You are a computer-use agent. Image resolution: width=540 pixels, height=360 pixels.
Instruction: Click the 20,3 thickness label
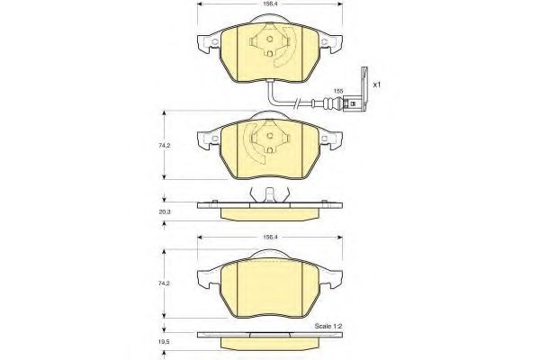click(x=165, y=212)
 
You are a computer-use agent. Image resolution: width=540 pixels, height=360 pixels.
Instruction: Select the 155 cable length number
click(x=338, y=91)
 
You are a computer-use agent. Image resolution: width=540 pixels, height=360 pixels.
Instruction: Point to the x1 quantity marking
click(x=377, y=85)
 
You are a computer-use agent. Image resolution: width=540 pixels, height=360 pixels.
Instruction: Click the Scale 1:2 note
click(x=328, y=326)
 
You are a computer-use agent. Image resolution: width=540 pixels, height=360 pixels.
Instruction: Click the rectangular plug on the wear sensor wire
click(x=352, y=103)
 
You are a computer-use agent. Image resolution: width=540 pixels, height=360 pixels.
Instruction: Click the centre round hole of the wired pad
click(x=270, y=39)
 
